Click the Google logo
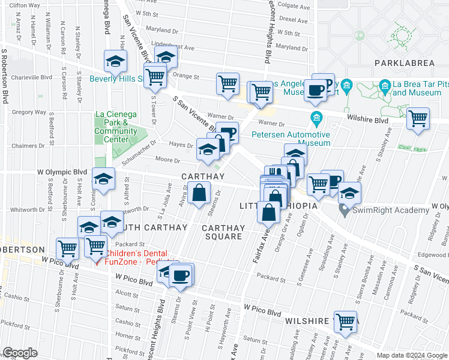(x=20, y=353)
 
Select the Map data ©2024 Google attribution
(x=411, y=355)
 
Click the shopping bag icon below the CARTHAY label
(x=199, y=194)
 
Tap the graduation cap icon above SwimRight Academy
(x=349, y=193)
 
